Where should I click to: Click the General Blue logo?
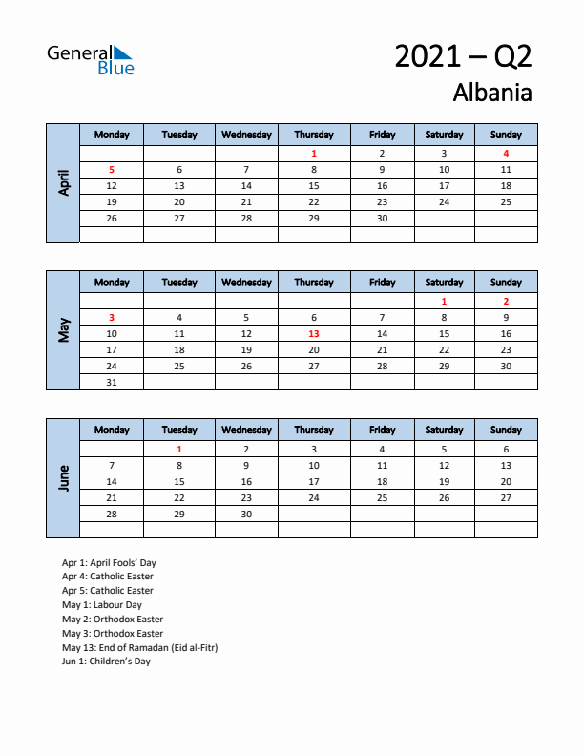[91, 59]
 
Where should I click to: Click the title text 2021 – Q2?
[463, 56]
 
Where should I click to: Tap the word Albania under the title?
[492, 93]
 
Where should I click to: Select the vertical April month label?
[63, 182]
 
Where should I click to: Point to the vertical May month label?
[63, 329]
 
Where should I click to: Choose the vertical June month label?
[63, 477]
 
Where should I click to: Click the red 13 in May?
[314, 334]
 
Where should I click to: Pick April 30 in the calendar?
[382, 218]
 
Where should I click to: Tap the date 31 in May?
[112, 382]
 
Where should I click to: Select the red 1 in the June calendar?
[179, 449]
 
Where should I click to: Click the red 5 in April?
[112, 169]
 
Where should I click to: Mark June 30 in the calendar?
[246, 514]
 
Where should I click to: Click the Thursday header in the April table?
[314, 135]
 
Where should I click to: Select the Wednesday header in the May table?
[246, 283]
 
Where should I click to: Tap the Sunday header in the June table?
[506, 430]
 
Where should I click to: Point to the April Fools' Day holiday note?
[109, 562]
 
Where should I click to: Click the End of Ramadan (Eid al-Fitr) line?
[139, 647]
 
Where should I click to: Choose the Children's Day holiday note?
[106, 661]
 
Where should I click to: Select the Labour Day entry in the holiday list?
[102, 604]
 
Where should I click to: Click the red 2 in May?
[506, 301]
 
